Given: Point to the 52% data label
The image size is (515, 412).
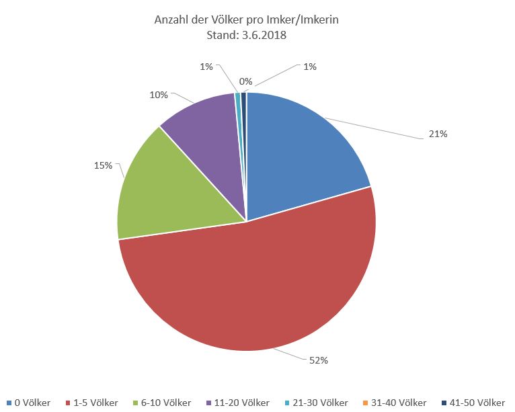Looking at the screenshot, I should click(319, 360).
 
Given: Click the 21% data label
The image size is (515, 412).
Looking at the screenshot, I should click(438, 134).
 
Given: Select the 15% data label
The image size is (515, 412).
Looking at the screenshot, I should click(103, 165).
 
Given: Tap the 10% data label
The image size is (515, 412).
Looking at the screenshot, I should click(159, 95).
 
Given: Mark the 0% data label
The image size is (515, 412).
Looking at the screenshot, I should click(246, 81).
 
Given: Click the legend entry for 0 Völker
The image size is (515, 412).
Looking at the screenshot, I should click(28, 403).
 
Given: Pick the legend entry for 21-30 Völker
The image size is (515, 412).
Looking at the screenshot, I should click(315, 403).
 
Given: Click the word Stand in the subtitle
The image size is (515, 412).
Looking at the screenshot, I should click(220, 36).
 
